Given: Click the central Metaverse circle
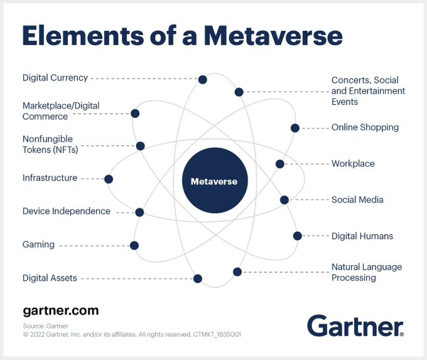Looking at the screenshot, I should click(x=213, y=182).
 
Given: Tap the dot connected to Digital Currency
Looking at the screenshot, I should click(x=202, y=80).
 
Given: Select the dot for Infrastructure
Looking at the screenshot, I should click(x=109, y=179).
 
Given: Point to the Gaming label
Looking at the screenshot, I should click(x=39, y=244).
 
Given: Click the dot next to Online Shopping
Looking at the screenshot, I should click(x=295, y=128).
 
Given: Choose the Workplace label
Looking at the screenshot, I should click(x=353, y=164).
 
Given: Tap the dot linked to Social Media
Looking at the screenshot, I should click(x=284, y=200).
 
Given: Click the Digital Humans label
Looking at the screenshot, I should click(x=362, y=236).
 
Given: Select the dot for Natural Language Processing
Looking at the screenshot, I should click(x=237, y=272).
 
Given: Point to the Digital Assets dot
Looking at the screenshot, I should click(x=198, y=278).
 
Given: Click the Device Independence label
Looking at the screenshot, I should click(x=67, y=211).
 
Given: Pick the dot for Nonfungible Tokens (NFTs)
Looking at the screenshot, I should click(x=140, y=146).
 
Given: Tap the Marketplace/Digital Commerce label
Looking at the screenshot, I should click(x=61, y=111).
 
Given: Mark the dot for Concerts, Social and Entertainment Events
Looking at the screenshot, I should click(x=239, y=92).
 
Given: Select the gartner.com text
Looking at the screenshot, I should click(x=60, y=311).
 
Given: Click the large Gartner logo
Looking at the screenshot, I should click(x=355, y=325).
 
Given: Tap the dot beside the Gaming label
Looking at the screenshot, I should click(x=134, y=246).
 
